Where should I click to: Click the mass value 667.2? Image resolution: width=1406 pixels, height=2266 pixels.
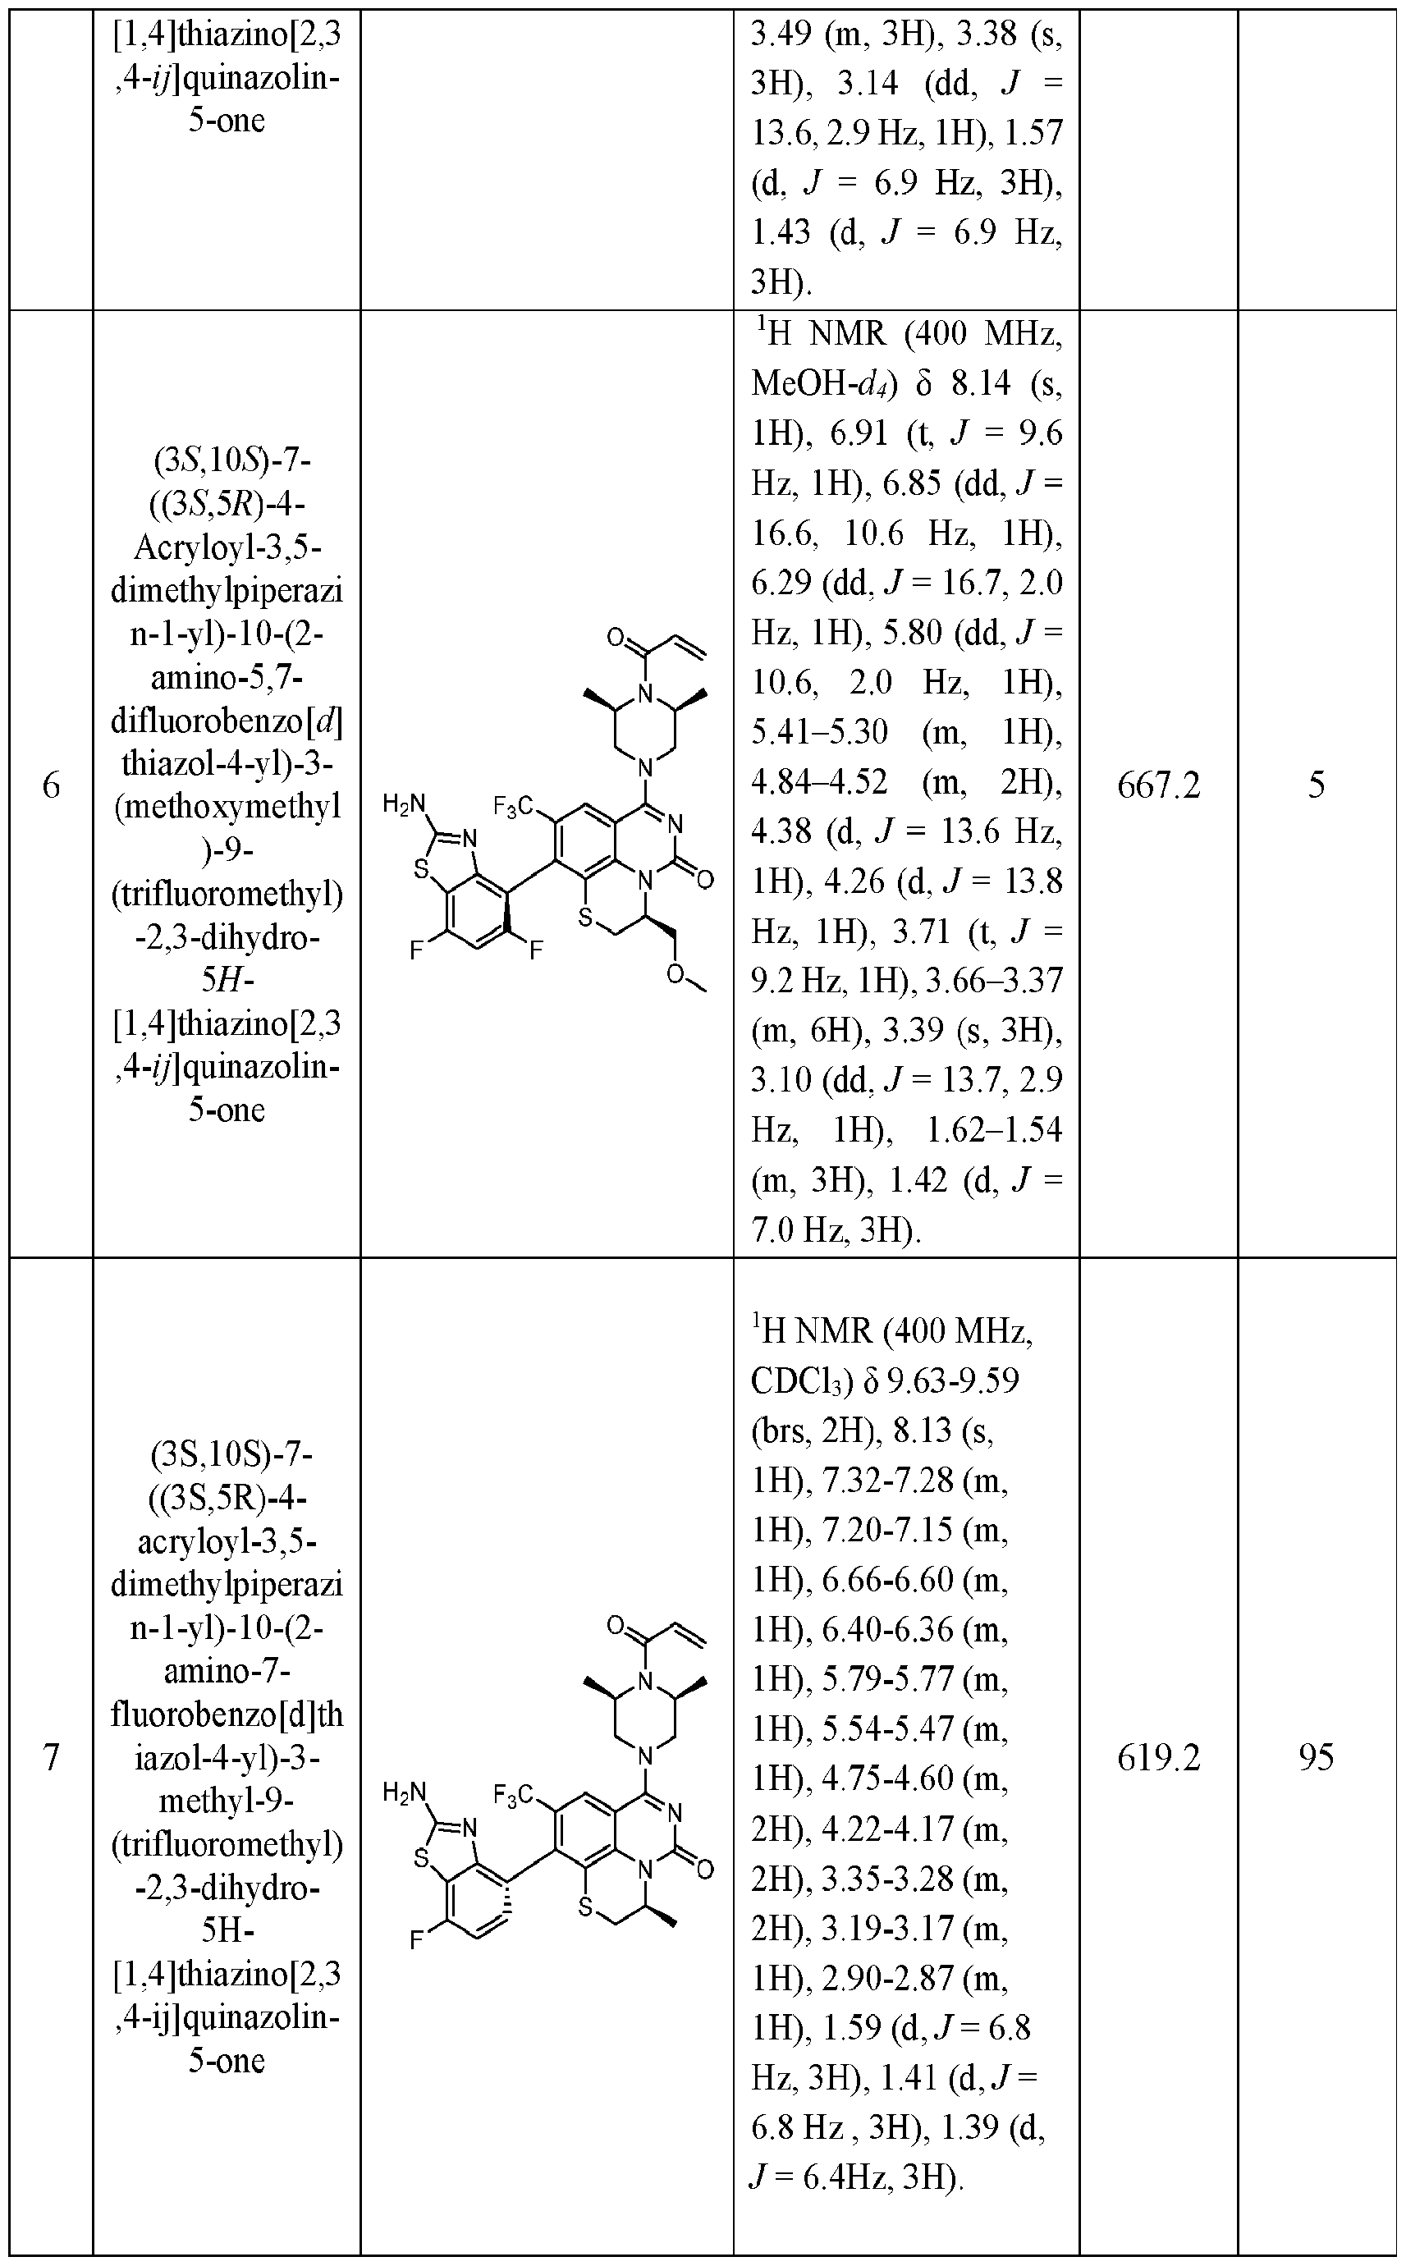pos(1158,785)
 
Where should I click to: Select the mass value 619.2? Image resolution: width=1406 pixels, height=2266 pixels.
pos(1158,1757)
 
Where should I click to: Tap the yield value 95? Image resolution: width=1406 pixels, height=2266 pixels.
pos(1316,1757)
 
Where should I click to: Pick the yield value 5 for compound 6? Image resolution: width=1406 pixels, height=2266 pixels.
pos(1316,785)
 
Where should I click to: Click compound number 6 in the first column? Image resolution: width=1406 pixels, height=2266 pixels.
pos(51,786)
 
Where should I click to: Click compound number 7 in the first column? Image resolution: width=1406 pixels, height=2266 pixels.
pos(51,1757)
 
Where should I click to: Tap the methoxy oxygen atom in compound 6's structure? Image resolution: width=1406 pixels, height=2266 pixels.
pos(676,973)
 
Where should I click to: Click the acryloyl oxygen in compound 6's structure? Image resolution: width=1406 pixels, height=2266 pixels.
pos(615,637)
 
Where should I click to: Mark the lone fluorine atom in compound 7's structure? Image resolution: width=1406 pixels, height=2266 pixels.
pos(418,1939)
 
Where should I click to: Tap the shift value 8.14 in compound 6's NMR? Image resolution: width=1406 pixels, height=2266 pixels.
pos(980,384)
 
